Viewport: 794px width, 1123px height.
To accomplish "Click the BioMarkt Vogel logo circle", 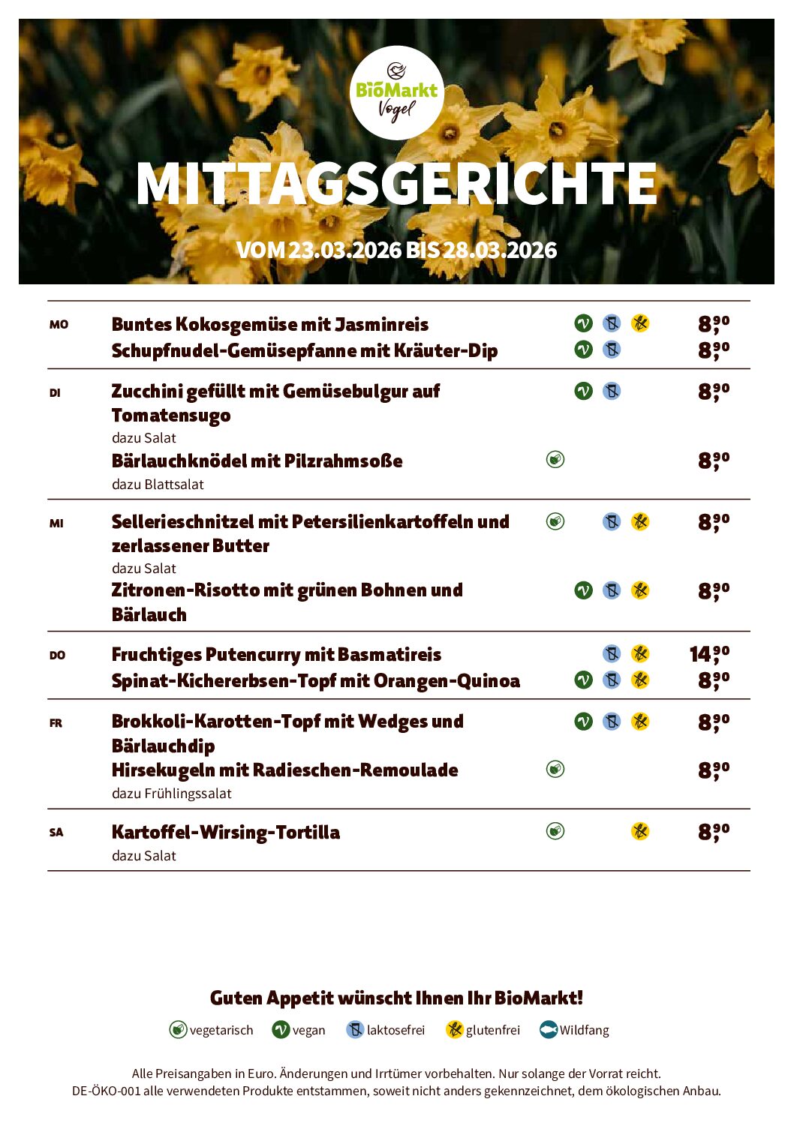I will point(396,93).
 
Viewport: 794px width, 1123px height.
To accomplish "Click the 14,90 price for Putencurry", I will point(709,654).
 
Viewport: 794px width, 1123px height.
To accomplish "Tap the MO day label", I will point(59,325).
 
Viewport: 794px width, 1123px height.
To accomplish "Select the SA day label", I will point(56,832).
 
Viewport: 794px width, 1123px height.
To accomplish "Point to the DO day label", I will point(57,655).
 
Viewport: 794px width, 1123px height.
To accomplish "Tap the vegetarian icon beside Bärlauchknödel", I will point(555,459).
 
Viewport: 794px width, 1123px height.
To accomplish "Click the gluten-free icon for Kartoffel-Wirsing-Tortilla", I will point(639,830).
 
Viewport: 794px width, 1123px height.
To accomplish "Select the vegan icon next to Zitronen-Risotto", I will point(583,590).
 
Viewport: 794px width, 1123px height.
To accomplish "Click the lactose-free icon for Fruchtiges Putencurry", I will point(612,653).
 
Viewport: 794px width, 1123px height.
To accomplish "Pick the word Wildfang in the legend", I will point(584,1030).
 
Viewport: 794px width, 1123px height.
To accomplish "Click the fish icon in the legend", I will point(549,1030).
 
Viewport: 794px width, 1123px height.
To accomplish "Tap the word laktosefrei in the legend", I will point(395,1030).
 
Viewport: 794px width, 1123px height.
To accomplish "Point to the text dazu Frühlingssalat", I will point(171,793).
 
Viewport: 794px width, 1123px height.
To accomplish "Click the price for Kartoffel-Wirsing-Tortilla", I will point(713,831).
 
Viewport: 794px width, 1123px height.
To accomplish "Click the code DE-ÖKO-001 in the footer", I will point(106,1091).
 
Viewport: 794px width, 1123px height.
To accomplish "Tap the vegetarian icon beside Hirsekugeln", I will point(555,769).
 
